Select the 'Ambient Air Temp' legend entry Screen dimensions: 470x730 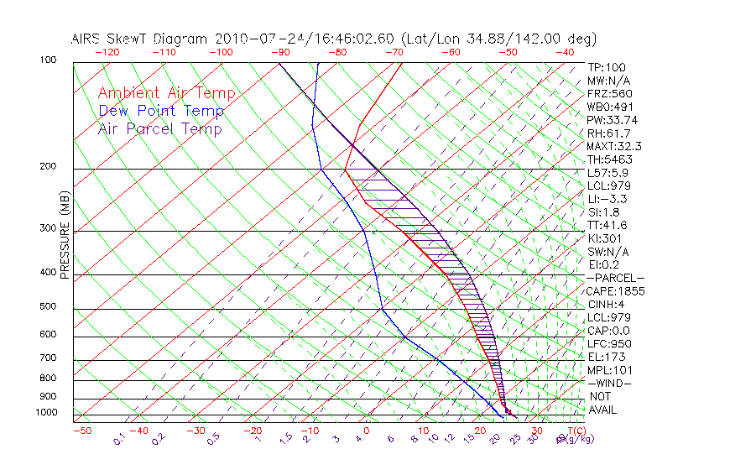166,93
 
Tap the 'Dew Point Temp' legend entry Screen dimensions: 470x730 161,111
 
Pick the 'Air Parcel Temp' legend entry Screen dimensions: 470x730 159,128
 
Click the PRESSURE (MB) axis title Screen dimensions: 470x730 65,236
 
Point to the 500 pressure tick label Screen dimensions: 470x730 48,307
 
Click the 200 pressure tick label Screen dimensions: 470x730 48,167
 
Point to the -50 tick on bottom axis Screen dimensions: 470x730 81,431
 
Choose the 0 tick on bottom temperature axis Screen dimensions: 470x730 367,431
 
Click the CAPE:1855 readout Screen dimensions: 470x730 613,291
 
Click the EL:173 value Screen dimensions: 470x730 604,358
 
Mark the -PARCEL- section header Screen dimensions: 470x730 616,278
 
